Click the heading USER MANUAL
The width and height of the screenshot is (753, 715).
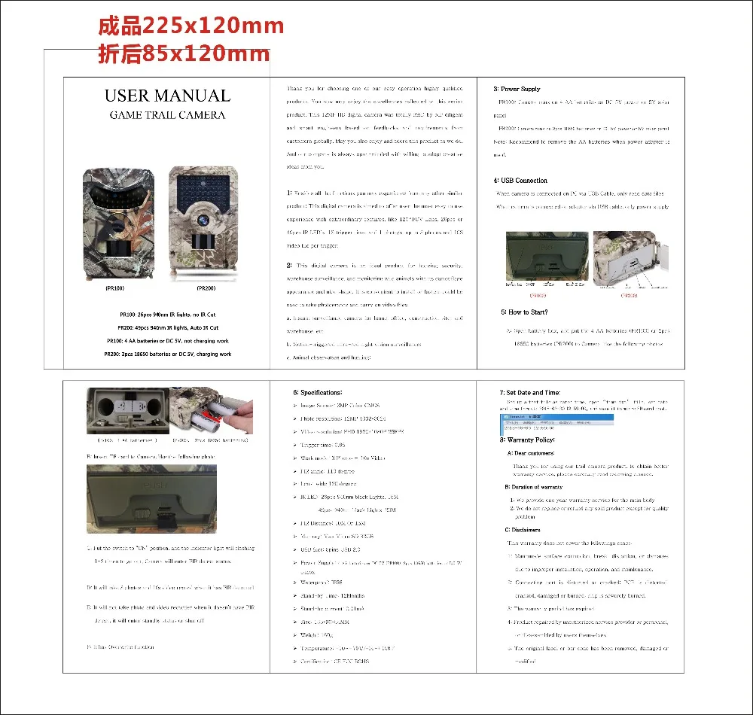click(167, 96)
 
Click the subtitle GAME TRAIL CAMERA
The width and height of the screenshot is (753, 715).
click(167, 115)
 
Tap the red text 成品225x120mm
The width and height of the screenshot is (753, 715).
click(191, 26)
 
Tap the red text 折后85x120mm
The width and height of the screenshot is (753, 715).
click(184, 54)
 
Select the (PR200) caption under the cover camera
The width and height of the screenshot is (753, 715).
click(206, 288)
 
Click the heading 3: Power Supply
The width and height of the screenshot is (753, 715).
click(517, 89)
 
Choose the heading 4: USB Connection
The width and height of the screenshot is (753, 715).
click(520, 181)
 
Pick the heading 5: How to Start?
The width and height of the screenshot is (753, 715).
click(524, 312)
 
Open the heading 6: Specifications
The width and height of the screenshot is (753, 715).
click(317, 392)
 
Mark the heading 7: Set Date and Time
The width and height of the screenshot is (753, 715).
click(529, 392)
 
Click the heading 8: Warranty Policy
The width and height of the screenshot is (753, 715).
click(527, 440)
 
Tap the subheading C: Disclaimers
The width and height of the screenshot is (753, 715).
click(523, 530)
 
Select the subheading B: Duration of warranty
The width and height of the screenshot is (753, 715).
click(534, 487)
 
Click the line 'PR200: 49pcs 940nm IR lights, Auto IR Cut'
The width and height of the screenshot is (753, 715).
click(168, 328)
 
